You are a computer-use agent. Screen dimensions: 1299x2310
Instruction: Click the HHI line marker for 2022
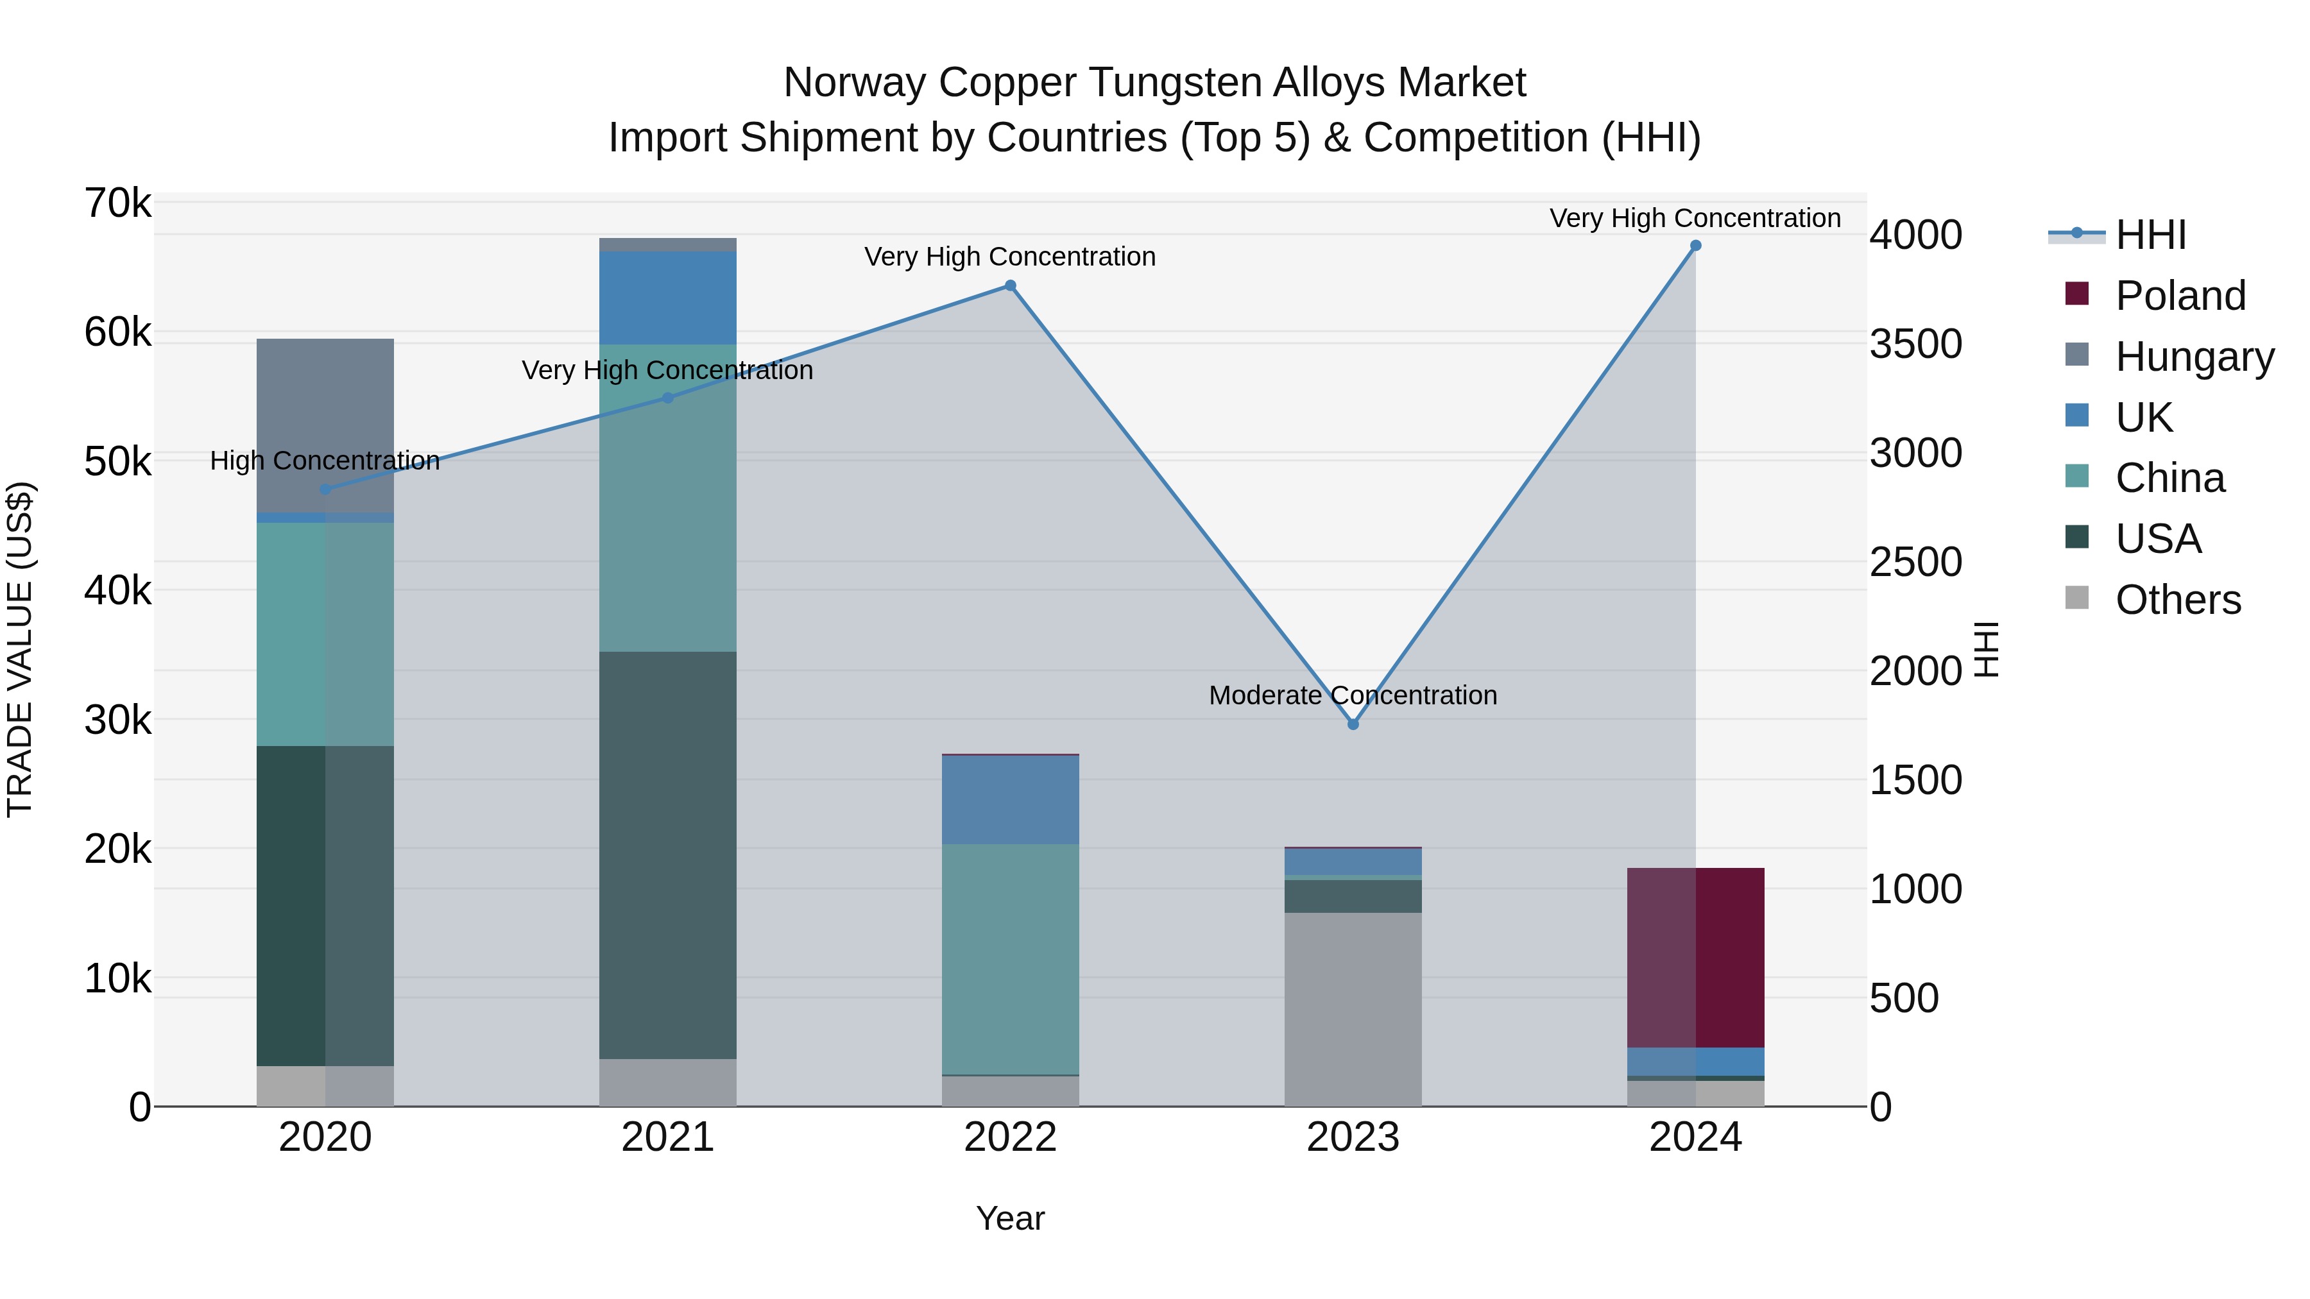pos(1010,286)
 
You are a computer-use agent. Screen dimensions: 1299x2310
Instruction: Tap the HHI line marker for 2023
pos(1353,724)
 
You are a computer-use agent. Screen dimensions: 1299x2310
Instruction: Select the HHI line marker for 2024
pos(1695,246)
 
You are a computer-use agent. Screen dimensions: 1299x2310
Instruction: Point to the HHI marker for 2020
pos(325,489)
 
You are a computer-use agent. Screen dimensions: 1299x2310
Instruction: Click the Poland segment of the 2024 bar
pos(1695,958)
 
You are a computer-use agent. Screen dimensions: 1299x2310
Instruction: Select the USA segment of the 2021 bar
pos(667,855)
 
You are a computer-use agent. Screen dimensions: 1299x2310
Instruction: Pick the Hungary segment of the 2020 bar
pos(325,426)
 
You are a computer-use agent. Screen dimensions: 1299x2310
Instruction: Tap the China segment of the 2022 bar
pos(1010,959)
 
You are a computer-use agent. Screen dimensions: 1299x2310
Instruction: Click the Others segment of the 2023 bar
pos(1353,1010)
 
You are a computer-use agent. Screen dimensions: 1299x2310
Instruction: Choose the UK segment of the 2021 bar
pos(667,298)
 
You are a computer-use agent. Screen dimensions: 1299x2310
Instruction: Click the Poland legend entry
pos(2179,296)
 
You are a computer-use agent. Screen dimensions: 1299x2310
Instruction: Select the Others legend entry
pos(2177,600)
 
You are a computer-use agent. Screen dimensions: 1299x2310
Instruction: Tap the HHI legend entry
pos(2150,235)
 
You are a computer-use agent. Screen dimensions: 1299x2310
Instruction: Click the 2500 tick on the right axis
pos(1915,562)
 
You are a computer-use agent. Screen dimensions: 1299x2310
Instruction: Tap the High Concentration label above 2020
pos(325,461)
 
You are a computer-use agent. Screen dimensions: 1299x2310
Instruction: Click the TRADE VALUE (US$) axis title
pos(20,650)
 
